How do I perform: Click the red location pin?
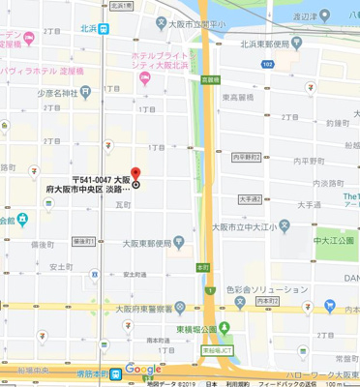coord(135,174)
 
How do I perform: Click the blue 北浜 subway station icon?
coord(113,26)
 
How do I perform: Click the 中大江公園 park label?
coord(336,232)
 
